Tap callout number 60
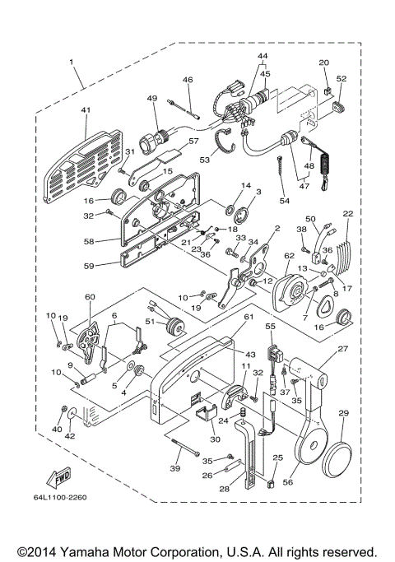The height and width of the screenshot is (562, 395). tap(90, 297)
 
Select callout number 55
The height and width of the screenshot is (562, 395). tap(268, 327)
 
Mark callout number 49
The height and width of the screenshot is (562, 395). tap(151, 99)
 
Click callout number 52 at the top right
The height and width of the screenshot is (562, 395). tap(342, 79)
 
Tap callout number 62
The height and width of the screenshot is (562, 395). tap(289, 257)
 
